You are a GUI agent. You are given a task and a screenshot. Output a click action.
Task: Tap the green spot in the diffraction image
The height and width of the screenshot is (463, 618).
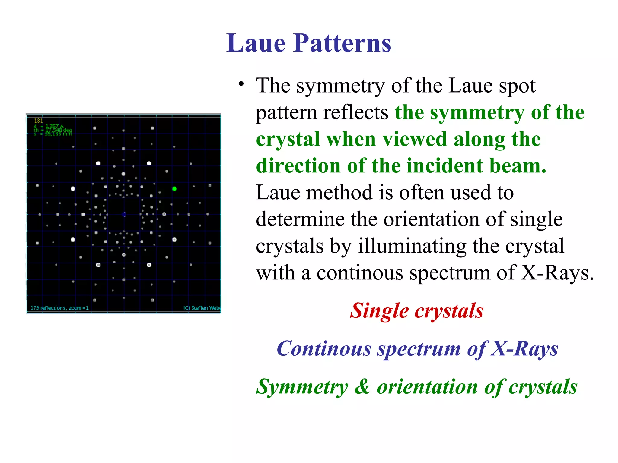174,189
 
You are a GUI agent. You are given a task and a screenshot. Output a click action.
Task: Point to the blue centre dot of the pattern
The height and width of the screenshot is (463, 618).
124,214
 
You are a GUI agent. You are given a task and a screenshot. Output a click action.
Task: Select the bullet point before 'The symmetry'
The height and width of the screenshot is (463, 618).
241,84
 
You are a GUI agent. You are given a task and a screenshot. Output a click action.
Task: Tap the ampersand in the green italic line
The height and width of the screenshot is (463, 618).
362,386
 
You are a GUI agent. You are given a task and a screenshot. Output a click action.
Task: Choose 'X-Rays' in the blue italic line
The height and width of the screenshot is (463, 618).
524,349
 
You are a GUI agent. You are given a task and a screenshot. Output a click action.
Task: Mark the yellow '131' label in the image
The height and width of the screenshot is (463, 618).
38,121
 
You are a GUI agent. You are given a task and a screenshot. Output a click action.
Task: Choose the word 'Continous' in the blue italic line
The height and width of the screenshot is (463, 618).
324,349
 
